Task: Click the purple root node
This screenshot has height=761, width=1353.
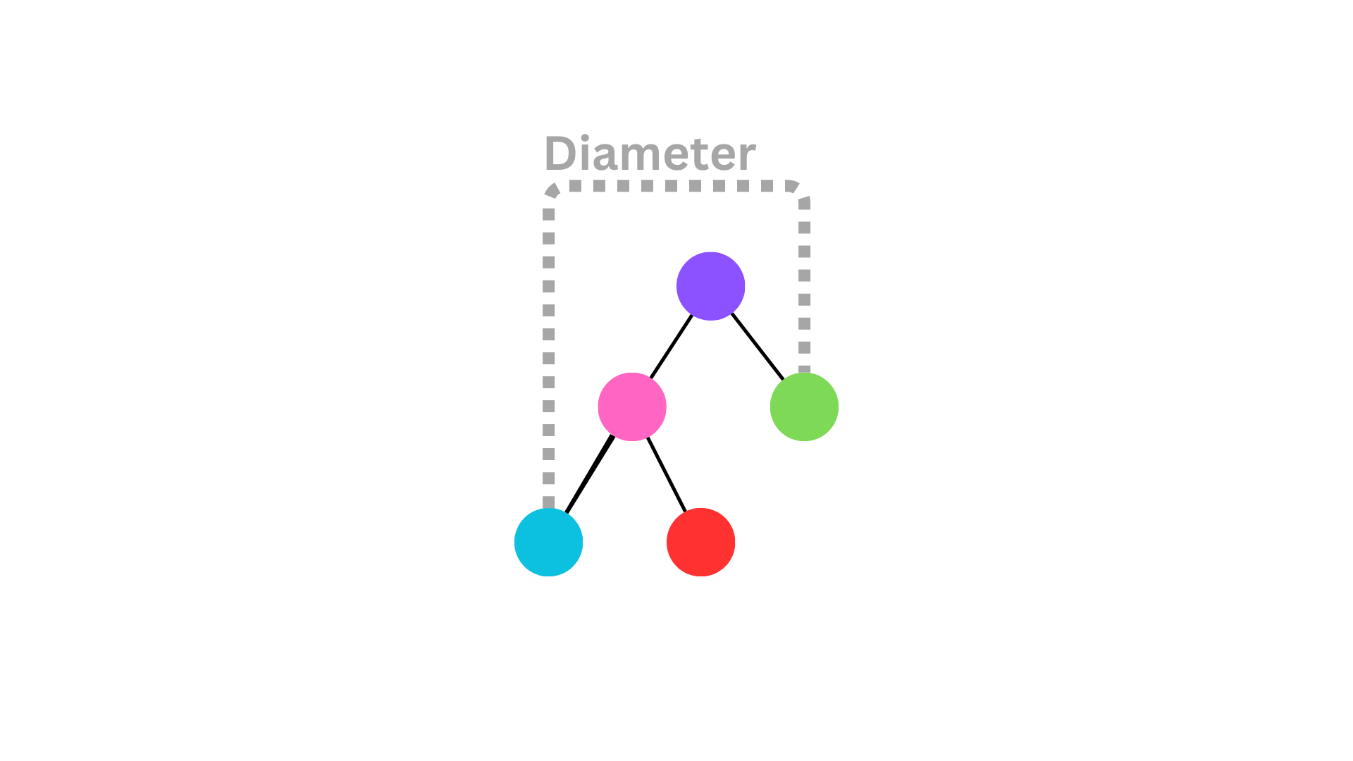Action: point(710,286)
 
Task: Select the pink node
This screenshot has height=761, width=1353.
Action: point(632,407)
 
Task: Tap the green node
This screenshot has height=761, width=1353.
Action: point(804,407)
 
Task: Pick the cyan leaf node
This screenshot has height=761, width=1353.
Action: point(548,542)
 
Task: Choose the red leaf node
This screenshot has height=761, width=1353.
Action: point(700,542)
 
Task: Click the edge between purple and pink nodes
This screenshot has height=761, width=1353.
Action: point(671,347)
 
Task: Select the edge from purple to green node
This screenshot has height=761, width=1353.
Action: point(758,347)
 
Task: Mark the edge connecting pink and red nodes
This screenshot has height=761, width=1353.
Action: point(667,475)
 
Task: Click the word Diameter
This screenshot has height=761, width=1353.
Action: point(650,154)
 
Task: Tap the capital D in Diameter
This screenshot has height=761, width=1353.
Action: point(560,153)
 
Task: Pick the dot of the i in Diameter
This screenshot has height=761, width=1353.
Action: point(585,138)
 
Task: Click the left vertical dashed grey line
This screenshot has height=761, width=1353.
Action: point(549,352)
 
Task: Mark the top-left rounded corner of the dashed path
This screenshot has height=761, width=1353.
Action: point(552,190)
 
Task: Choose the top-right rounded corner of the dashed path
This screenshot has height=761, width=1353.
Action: point(801,191)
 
